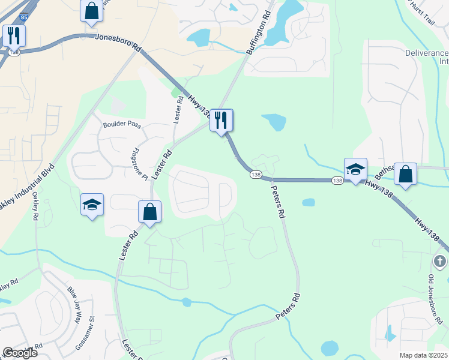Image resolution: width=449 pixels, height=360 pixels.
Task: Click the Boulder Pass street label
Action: coord(121,125)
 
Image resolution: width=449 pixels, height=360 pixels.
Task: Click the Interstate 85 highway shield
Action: coord(23,16)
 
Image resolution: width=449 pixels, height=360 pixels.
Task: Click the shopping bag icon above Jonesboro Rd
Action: coord(91,10)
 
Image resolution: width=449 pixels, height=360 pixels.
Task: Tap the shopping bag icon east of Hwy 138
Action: coord(406,174)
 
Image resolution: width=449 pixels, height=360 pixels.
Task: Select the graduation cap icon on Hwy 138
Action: coord(355,169)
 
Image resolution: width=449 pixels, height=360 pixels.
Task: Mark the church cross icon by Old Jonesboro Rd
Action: coord(440,261)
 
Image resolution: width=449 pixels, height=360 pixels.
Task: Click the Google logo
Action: coord(19,353)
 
